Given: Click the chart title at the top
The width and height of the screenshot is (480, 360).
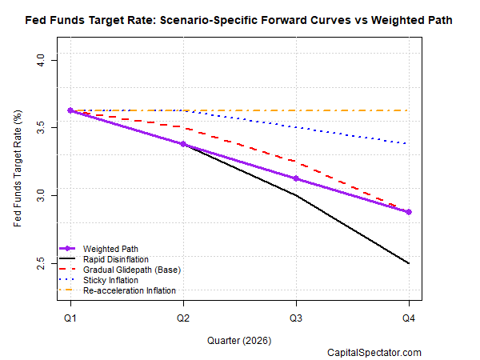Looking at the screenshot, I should pyautogui.click(x=240, y=18).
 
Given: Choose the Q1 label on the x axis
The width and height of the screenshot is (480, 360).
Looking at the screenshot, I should pyautogui.click(x=70, y=318).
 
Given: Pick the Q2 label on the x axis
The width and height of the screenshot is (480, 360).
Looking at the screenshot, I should pyautogui.click(x=183, y=318).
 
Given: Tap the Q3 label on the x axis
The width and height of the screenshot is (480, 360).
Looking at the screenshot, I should pyautogui.click(x=297, y=318).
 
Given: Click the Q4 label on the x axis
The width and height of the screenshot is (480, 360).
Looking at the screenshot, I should pyautogui.click(x=410, y=318).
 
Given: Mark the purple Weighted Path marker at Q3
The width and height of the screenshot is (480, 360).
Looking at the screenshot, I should pyautogui.click(x=297, y=178).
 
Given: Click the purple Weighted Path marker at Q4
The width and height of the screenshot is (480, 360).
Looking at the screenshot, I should pyautogui.click(x=410, y=212).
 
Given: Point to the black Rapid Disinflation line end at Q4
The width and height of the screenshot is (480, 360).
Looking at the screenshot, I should pyautogui.click(x=410, y=263).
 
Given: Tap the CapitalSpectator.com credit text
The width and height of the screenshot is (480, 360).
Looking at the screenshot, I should pyautogui.click(x=374, y=352).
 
